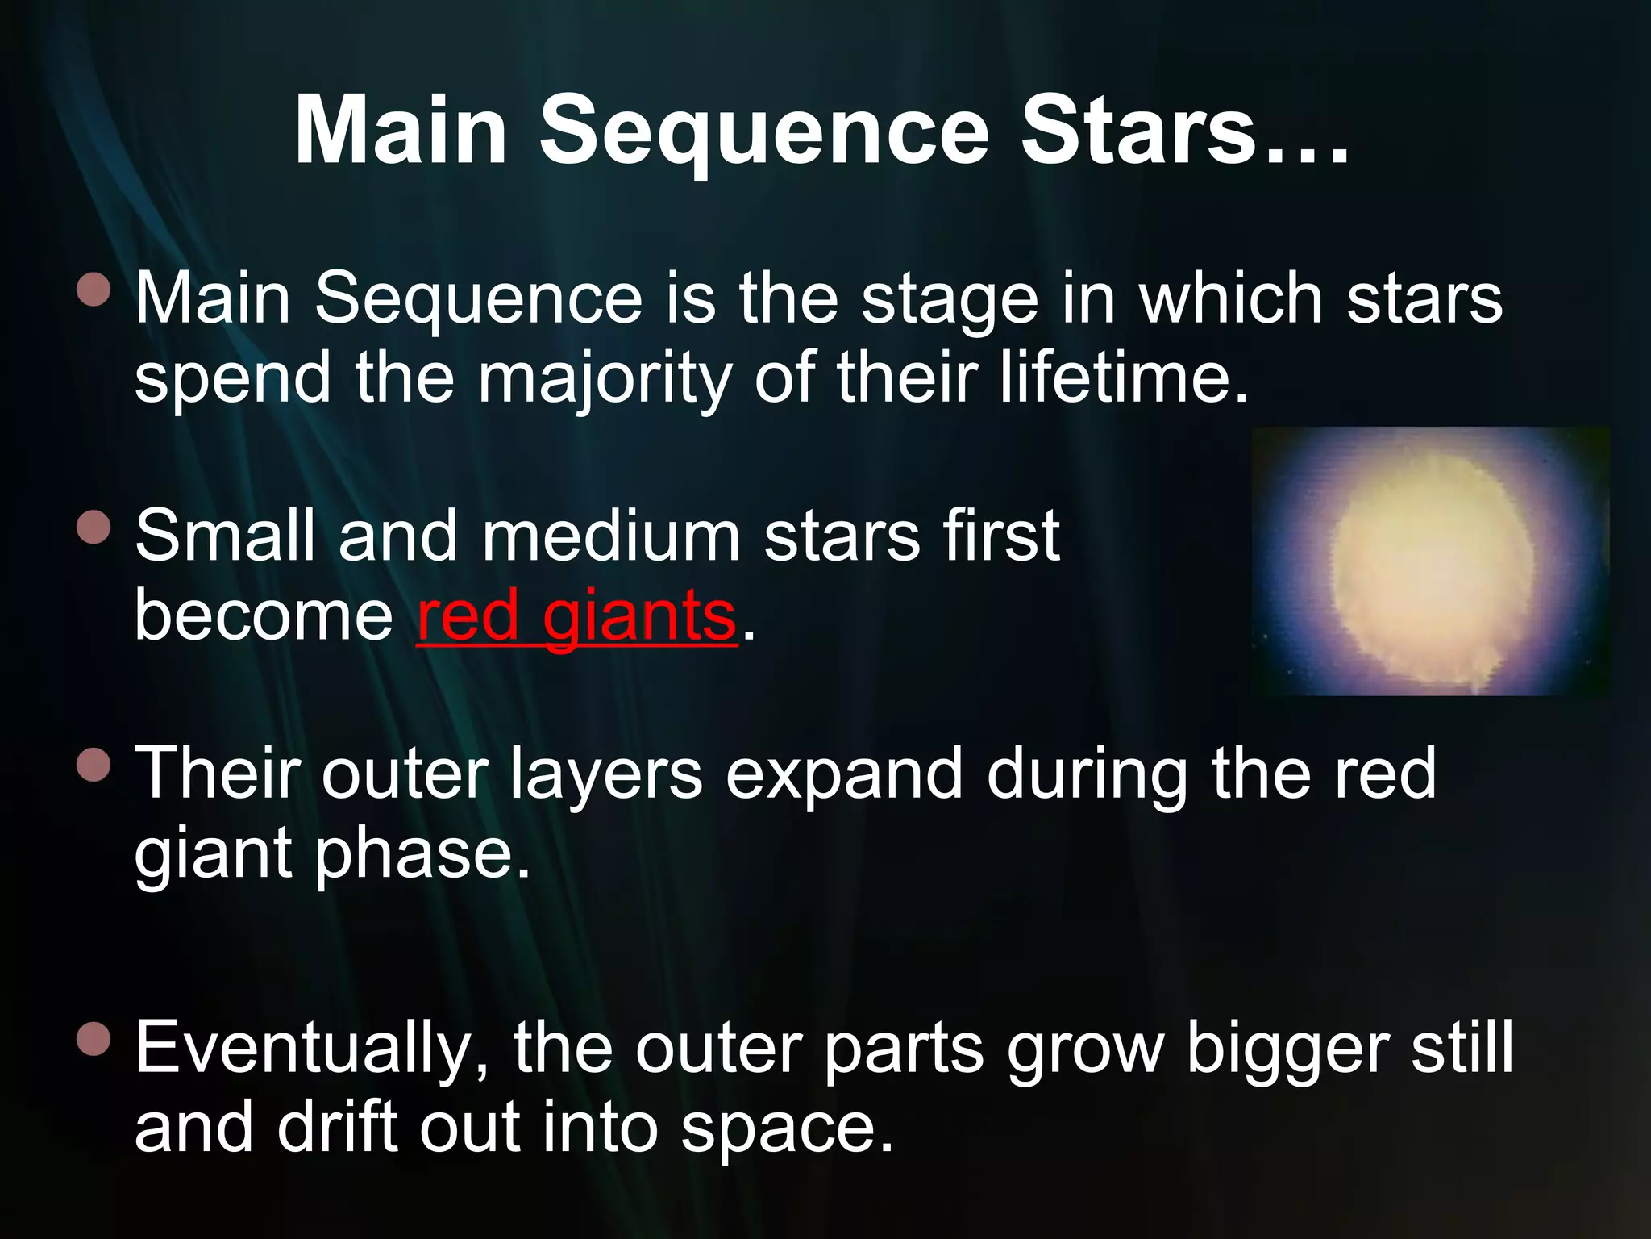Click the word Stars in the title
[1137, 131]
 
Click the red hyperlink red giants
[577, 616]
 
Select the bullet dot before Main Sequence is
[94, 289]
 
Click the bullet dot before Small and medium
[94, 527]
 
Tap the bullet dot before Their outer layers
[94, 765]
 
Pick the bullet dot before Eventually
[94, 1039]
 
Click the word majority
[605, 379]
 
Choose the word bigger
[1287, 1049]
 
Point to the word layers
[605, 774]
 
